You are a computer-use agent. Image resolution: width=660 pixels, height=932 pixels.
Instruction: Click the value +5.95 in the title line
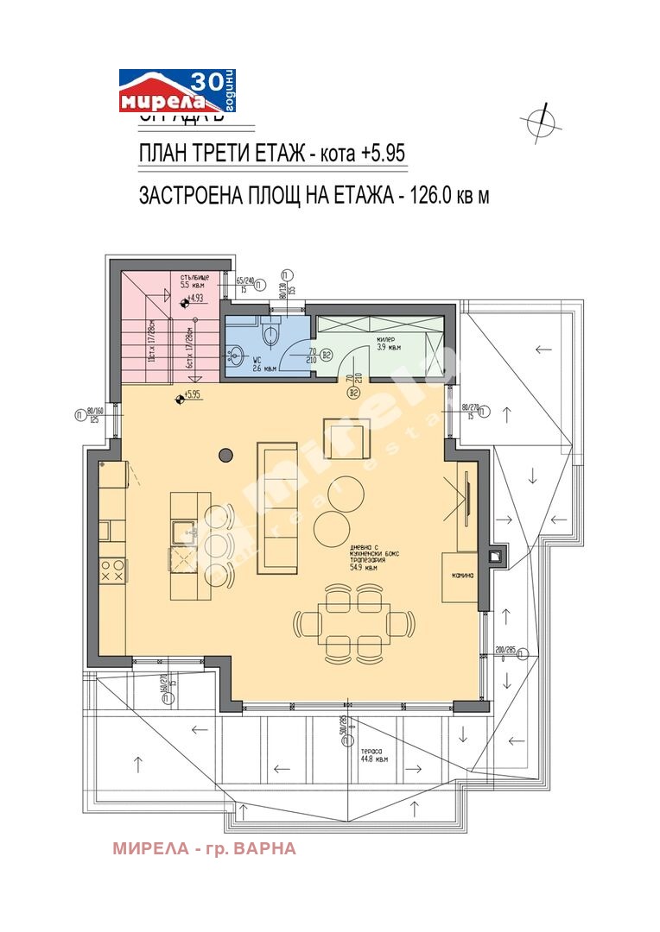point(383,154)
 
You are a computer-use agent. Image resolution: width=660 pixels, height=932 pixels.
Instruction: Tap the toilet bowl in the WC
point(270,332)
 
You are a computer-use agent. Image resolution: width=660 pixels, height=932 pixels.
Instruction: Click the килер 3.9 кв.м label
point(388,344)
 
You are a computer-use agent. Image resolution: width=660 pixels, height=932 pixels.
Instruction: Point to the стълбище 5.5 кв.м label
point(194,280)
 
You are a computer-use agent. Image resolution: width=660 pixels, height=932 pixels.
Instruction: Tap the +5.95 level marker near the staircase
point(188,396)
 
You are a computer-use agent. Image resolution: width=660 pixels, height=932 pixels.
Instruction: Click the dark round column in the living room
point(226,454)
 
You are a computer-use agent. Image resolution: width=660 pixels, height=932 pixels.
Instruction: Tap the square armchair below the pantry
point(347,439)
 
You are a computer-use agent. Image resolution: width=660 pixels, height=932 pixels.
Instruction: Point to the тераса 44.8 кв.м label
point(373,756)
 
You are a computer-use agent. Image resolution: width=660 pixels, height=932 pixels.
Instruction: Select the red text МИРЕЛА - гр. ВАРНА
point(204,848)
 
